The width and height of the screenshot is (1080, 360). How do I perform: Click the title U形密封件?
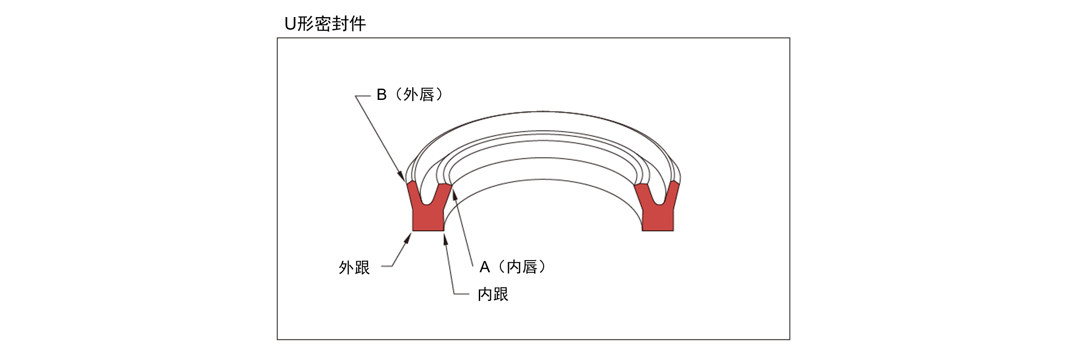pyautogui.click(x=325, y=23)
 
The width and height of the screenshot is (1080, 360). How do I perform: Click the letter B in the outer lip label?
pyautogui.click(x=382, y=95)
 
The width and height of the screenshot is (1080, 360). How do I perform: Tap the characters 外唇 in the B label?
pyautogui.click(x=419, y=95)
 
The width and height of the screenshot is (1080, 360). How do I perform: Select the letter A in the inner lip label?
pyautogui.click(x=485, y=267)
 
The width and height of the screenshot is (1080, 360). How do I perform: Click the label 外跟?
pyautogui.click(x=354, y=268)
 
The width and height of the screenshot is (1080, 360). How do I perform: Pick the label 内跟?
pyautogui.click(x=493, y=294)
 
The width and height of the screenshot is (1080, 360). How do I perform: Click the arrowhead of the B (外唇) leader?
pyautogui.click(x=401, y=177)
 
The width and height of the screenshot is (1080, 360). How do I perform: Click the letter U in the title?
pyautogui.click(x=290, y=23)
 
